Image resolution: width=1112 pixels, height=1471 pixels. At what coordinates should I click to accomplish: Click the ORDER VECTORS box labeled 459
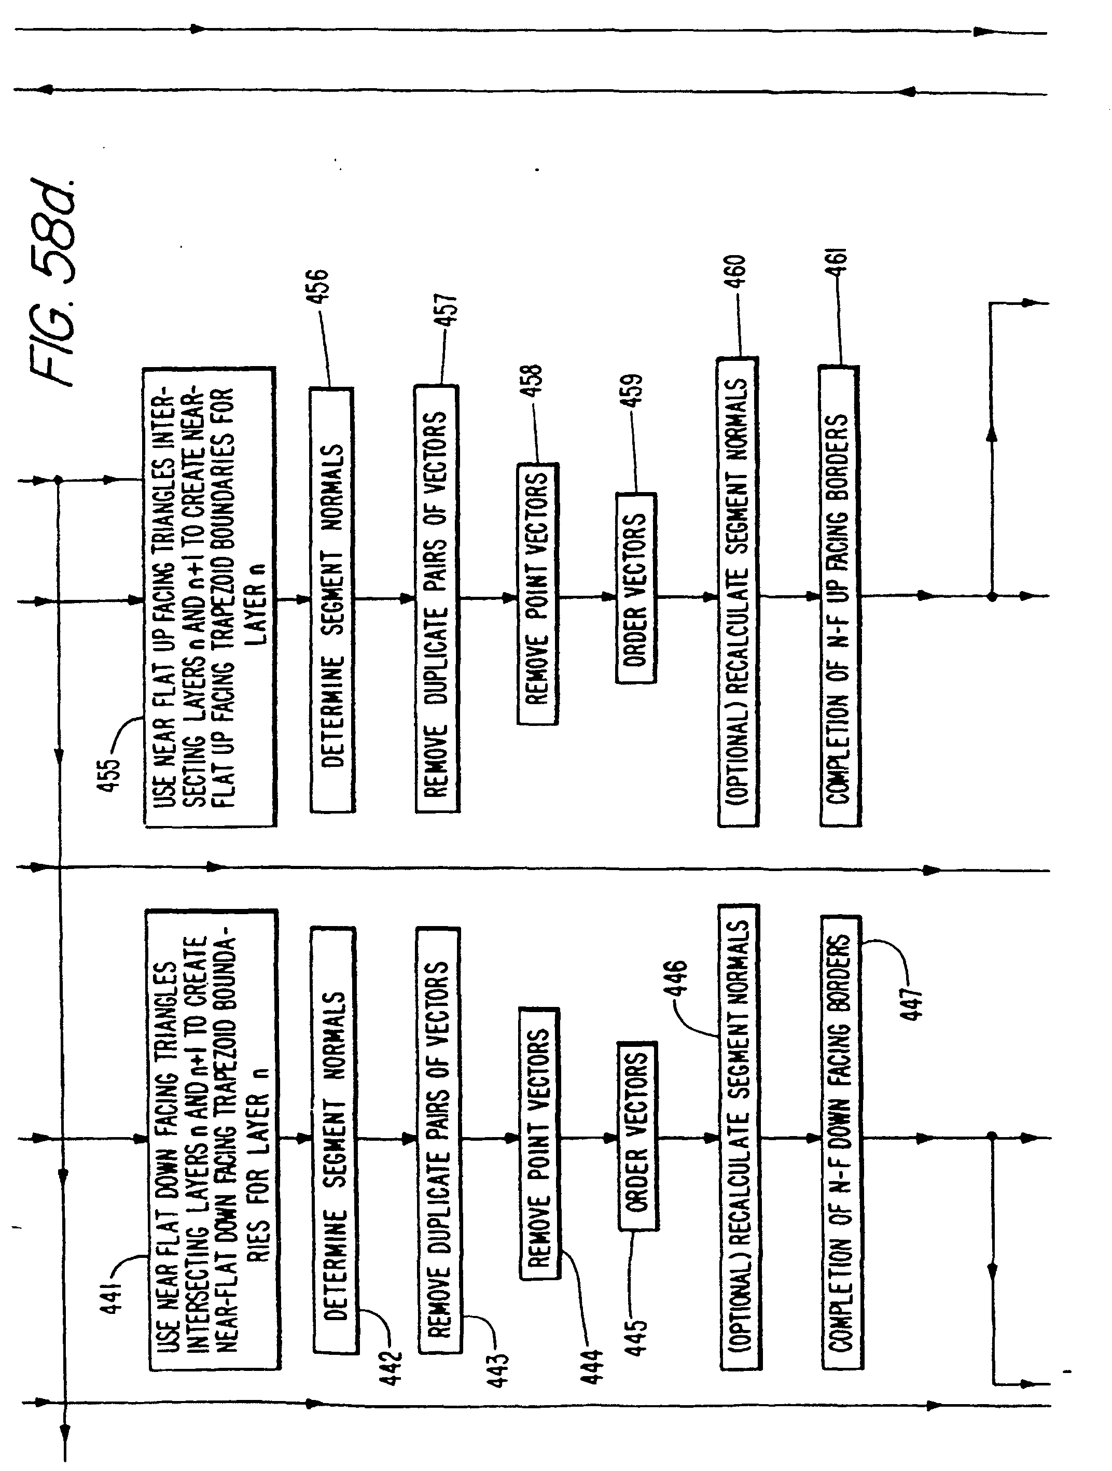pyautogui.click(x=636, y=588)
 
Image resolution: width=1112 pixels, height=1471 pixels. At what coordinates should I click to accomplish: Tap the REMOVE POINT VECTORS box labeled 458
pyautogui.click(x=537, y=594)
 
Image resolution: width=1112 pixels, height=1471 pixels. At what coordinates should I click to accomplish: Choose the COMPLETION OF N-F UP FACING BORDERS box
pyautogui.click(x=839, y=596)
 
